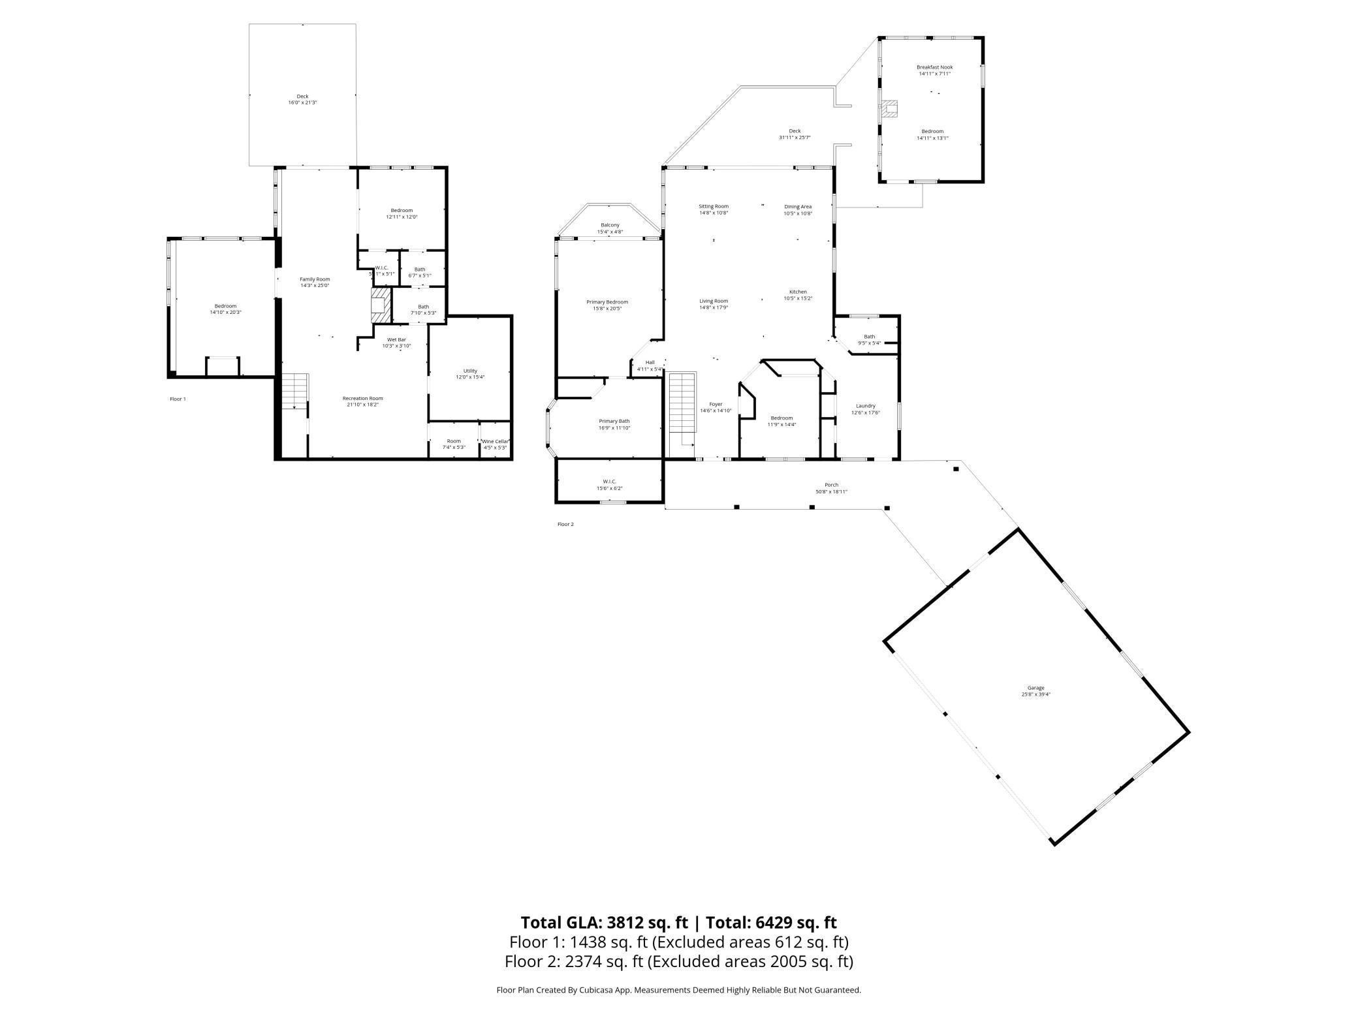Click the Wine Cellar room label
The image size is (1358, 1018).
tap(495, 441)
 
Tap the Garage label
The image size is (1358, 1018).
tap(1035, 688)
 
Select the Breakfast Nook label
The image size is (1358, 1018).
tap(934, 67)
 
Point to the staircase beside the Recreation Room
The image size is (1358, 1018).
tap(294, 390)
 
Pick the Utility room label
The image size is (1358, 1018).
tap(470, 371)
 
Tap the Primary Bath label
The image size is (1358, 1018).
tap(614, 421)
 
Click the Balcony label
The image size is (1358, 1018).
tap(610, 225)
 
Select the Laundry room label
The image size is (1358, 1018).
tap(865, 406)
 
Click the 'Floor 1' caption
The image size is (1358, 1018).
tap(178, 399)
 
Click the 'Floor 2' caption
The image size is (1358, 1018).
tap(565, 524)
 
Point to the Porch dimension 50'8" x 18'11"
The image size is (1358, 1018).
tap(831, 491)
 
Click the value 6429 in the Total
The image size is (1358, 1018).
tap(775, 923)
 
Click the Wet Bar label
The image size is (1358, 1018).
tap(396, 339)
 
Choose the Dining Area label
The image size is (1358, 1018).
tap(798, 207)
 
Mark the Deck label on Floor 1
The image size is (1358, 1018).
tap(302, 97)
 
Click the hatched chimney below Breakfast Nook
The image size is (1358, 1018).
tap(889, 109)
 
